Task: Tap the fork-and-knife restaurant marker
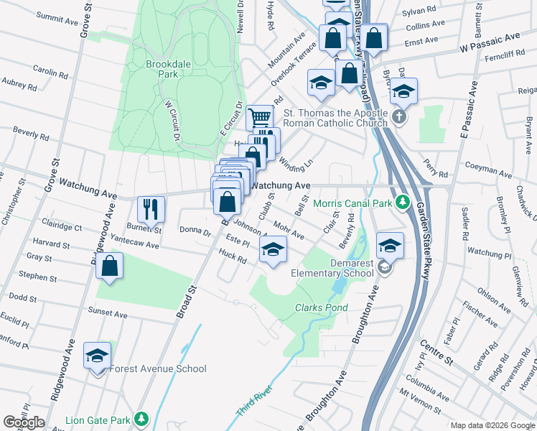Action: click(151, 209)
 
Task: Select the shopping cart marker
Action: click(259, 117)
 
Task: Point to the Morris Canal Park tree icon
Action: click(403, 203)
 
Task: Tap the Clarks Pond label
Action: click(321, 307)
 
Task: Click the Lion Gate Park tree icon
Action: click(142, 419)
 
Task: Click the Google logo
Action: click(24, 422)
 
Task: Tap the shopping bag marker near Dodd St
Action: click(108, 266)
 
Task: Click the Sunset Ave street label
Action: click(107, 314)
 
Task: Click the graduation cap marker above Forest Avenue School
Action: click(97, 356)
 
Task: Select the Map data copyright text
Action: click(492, 425)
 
